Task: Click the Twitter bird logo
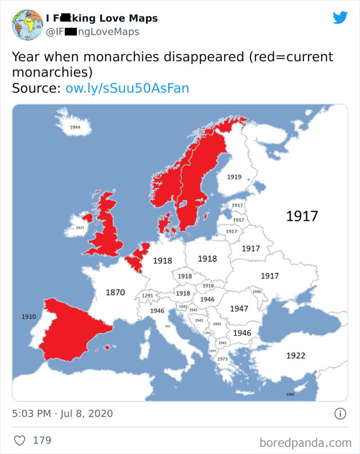click(340, 18)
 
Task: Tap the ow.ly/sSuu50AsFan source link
click(127, 88)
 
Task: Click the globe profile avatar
click(27, 24)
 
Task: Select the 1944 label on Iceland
click(75, 127)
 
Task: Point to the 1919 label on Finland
click(234, 177)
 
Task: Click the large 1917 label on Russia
click(302, 216)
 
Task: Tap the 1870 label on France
click(115, 292)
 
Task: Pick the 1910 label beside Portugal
click(29, 317)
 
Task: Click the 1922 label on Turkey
click(296, 355)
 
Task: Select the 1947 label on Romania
click(239, 308)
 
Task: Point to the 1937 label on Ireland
click(80, 227)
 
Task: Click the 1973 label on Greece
click(222, 359)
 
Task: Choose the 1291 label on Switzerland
click(148, 296)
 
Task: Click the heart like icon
click(20, 441)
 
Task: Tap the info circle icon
click(339, 413)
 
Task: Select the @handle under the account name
click(93, 32)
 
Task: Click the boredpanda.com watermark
click(305, 442)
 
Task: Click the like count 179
click(42, 441)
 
